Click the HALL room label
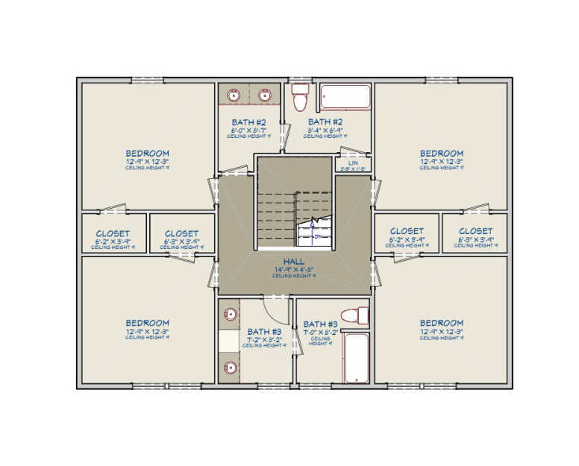click(293, 261)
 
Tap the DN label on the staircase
click(317, 236)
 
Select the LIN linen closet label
click(353, 163)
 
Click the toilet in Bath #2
click(301, 97)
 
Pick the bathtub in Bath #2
click(345, 98)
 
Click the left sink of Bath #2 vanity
click(232, 95)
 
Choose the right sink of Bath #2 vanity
click(264, 95)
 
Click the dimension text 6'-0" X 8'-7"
click(248, 130)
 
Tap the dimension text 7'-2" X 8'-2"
click(264, 339)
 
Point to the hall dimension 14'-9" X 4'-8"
click(293, 269)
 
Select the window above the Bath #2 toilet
click(301, 79)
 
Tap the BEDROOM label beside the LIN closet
click(442, 154)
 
